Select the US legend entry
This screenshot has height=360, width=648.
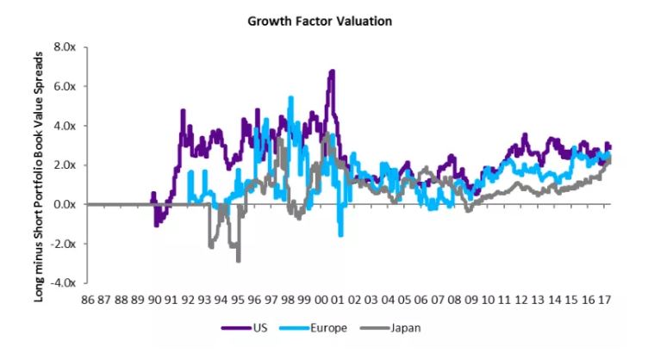click(241, 327)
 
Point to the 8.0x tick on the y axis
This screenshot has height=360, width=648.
click(67, 47)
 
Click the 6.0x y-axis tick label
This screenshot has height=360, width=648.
click(67, 86)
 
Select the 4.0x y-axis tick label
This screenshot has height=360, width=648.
click(67, 126)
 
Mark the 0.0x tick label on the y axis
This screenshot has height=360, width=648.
click(67, 204)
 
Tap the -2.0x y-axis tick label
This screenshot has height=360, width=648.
click(65, 244)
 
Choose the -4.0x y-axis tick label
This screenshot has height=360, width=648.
click(65, 282)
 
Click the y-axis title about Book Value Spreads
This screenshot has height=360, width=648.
click(40, 164)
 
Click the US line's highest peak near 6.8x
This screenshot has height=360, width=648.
click(332, 71)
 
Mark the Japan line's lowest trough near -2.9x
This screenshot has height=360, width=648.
click(238, 260)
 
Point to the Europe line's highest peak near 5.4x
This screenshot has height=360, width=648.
click(291, 97)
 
